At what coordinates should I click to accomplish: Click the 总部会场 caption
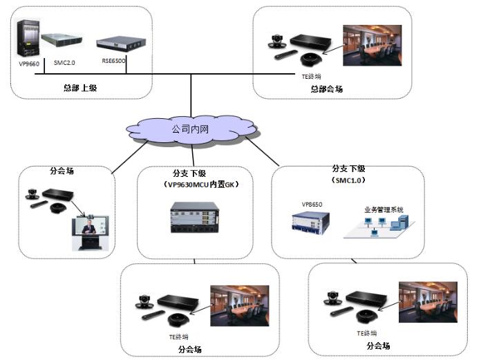click(326, 88)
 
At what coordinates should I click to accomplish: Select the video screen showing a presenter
click(91, 231)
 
